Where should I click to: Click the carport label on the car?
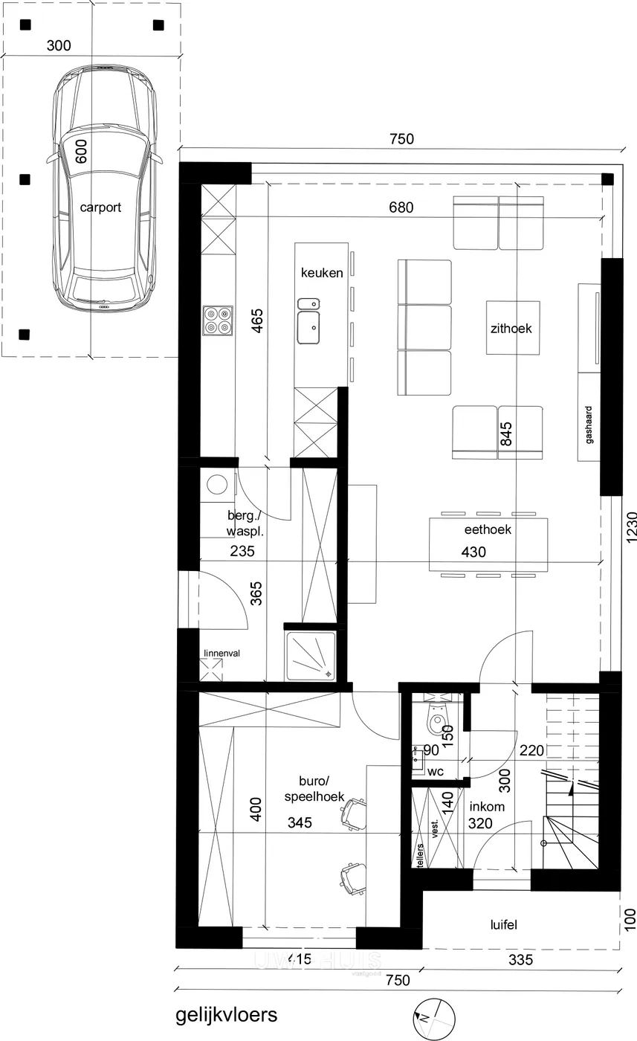100,207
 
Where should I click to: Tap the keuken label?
322,273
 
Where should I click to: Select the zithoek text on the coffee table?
511,328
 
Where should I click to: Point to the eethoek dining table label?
488,530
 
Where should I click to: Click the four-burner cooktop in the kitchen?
218,320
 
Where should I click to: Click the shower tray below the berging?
311,655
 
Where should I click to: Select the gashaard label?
589,425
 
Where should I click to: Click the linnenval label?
222,654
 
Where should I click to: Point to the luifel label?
504,925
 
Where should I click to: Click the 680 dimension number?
401,207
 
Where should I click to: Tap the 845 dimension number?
508,432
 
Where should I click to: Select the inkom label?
487,807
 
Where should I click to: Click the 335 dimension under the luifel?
520,960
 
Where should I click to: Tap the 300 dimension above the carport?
58,46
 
